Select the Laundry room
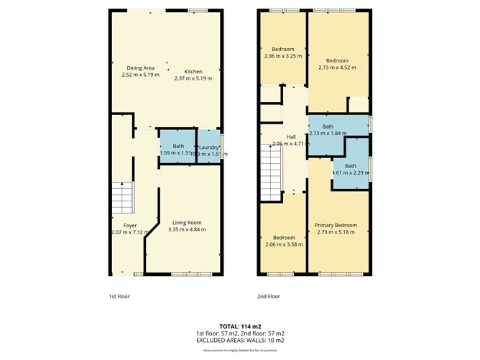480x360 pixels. (x=209, y=147)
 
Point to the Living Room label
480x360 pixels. (x=186, y=226)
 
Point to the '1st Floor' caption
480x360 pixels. (x=119, y=296)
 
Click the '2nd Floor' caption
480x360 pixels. (x=268, y=296)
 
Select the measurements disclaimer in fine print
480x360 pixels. (x=239, y=349)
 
